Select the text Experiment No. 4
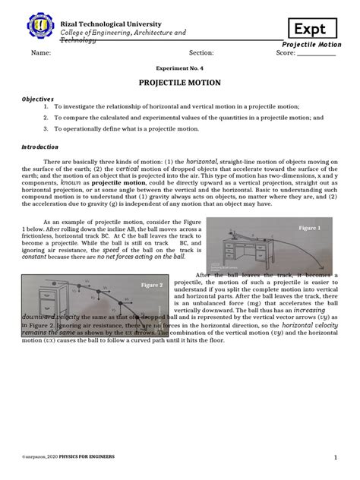coord(179,67)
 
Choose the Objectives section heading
coord(37,99)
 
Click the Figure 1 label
coord(310,228)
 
